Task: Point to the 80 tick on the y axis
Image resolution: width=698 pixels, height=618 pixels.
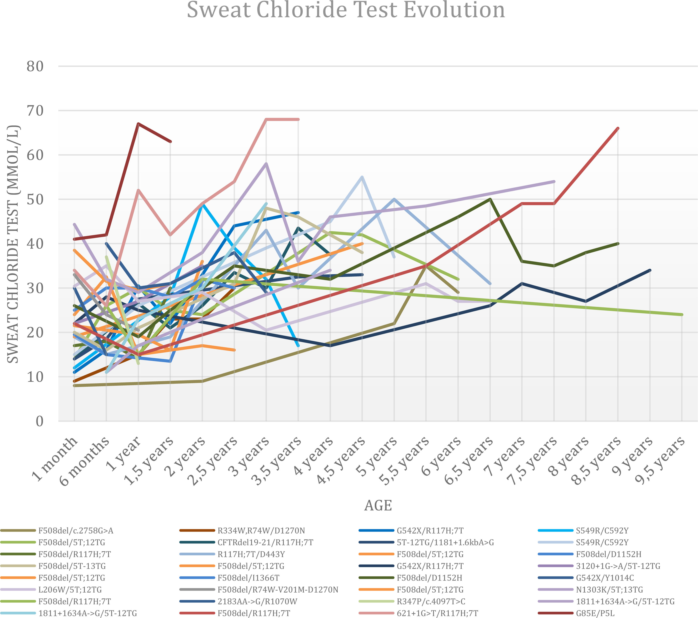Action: click(35, 66)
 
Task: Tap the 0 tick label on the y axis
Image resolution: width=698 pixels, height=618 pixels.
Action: click(40, 421)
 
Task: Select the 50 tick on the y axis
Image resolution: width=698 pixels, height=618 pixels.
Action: click(35, 199)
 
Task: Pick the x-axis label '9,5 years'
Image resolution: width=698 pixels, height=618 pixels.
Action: click(661, 460)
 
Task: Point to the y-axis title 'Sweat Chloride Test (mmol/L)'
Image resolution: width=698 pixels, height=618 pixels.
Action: click(13, 244)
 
